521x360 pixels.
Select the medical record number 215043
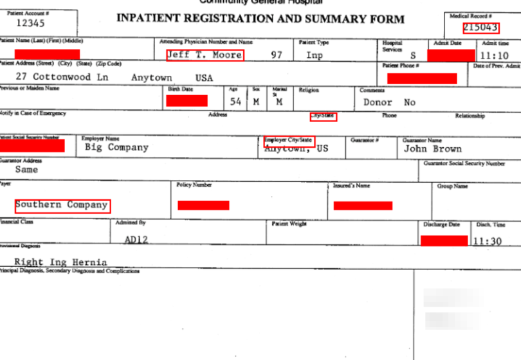(x=480, y=28)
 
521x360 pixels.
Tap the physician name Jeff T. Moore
(x=205, y=55)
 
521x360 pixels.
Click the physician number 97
(x=277, y=55)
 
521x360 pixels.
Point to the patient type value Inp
(x=315, y=55)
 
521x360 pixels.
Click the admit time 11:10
(x=495, y=56)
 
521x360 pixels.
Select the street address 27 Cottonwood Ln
(x=62, y=77)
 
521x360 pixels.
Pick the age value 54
(x=235, y=102)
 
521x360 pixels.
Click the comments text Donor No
(x=390, y=102)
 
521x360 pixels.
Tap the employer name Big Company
(x=116, y=147)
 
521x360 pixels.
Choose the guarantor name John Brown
(x=432, y=148)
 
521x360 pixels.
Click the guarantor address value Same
(x=26, y=170)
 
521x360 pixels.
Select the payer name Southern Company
(x=62, y=205)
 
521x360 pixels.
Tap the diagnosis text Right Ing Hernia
(x=60, y=262)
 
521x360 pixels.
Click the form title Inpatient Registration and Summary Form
(x=260, y=19)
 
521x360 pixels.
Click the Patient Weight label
(x=289, y=224)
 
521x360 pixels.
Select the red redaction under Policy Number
(x=203, y=206)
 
